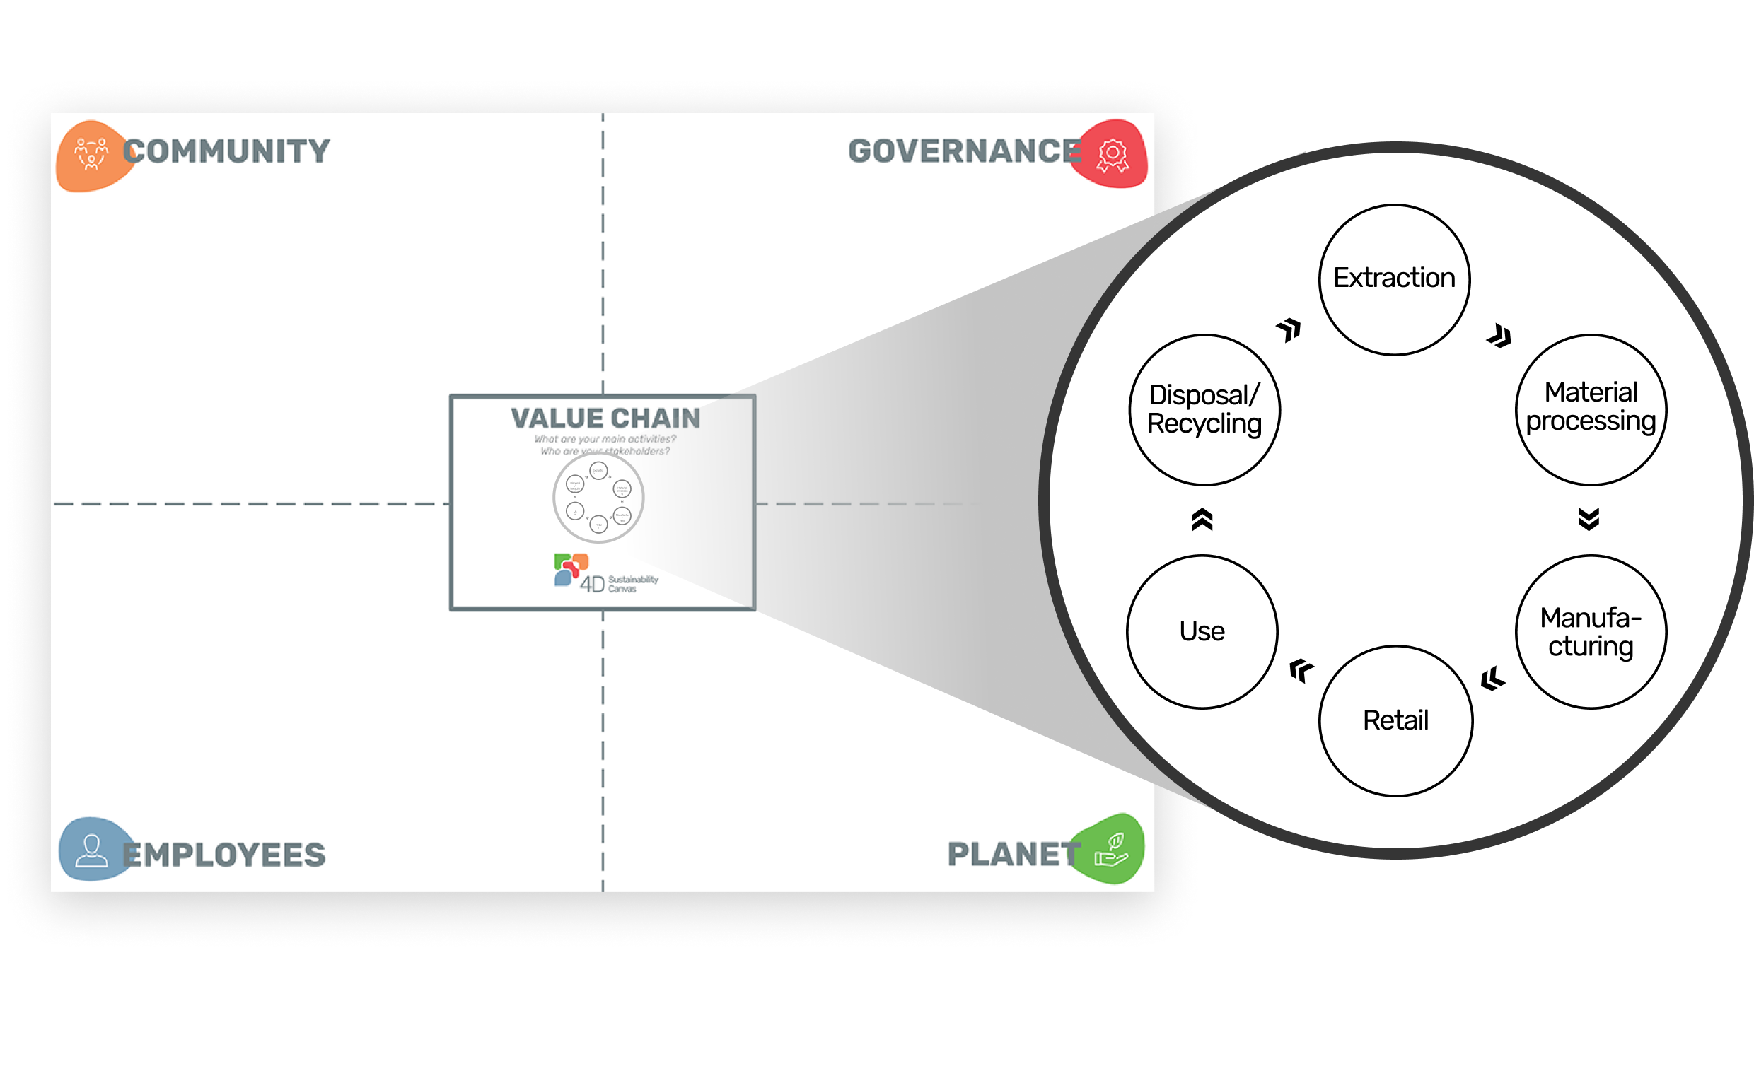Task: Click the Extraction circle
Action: pyautogui.click(x=1394, y=279)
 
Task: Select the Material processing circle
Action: pyautogui.click(x=1591, y=409)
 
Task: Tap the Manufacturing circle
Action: pyautogui.click(x=1591, y=631)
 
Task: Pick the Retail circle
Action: pyautogui.click(x=1395, y=720)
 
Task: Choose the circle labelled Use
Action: pyautogui.click(x=1202, y=631)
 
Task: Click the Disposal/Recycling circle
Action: pyautogui.click(x=1204, y=409)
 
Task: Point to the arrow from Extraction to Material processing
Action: pyautogui.click(x=1499, y=336)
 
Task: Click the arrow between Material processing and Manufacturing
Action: pyautogui.click(x=1589, y=519)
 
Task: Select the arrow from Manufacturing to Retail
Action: pyautogui.click(x=1493, y=679)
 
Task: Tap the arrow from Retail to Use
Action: pyautogui.click(x=1301, y=670)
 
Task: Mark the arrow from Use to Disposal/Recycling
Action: pyautogui.click(x=1202, y=520)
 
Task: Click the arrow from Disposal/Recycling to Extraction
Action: pyautogui.click(x=1289, y=329)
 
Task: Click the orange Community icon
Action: pyautogui.click(x=91, y=155)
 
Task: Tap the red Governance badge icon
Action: pyautogui.click(x=1113, y=155)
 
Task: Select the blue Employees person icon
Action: pyautogui.click(x=92, y=850)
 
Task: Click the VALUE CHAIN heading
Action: pyautogui.click(x=605, y=418)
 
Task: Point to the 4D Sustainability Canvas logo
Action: pyautogui.click(x=605, y=573)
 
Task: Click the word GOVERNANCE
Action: pyautogui.click(x=965, y=151)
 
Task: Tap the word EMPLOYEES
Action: pyautogui.click(x=223, y=855)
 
